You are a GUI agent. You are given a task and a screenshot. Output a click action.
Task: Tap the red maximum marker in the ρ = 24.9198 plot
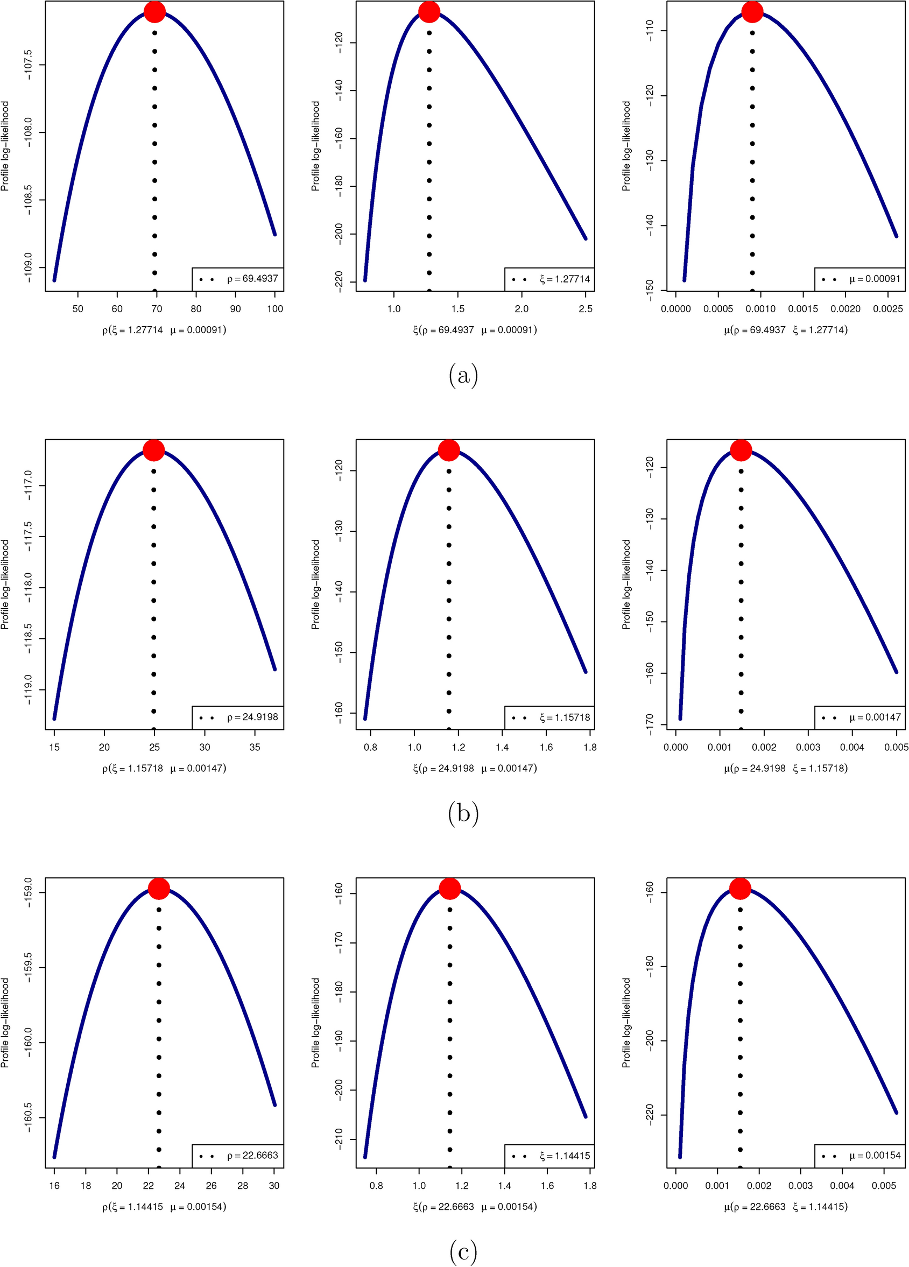click(153, 451)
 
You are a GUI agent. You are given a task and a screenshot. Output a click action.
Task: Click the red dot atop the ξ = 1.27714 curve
click(429, 12)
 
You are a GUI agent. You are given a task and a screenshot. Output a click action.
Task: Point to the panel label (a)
click(463, 375)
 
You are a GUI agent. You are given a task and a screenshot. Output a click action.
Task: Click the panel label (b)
click(463, 814)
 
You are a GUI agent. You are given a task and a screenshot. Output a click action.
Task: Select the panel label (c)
click(463, 1252)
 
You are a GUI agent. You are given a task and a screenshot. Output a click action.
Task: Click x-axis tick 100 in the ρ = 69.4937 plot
click(275, 309)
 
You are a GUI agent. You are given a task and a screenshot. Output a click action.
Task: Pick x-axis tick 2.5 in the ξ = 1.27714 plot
click(586, 309)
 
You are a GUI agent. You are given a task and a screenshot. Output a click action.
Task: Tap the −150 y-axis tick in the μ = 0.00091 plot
click(649, 291)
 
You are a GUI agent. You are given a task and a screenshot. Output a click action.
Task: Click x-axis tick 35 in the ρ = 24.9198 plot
click(255, 748)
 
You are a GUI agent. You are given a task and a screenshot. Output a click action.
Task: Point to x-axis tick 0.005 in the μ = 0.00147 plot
click(896, 748)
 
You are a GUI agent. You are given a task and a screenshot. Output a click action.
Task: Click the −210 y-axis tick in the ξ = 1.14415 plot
click(339, 1139)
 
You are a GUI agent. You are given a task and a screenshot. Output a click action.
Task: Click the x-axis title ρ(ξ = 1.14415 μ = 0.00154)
click(164, 1207)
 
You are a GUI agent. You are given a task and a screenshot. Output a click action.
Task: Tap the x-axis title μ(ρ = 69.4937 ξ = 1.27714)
click(786, 330)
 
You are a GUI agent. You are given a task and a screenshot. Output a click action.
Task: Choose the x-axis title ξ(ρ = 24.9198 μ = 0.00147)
click(475, 769)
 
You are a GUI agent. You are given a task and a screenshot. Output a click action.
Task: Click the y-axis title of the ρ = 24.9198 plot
click(5, 585)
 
